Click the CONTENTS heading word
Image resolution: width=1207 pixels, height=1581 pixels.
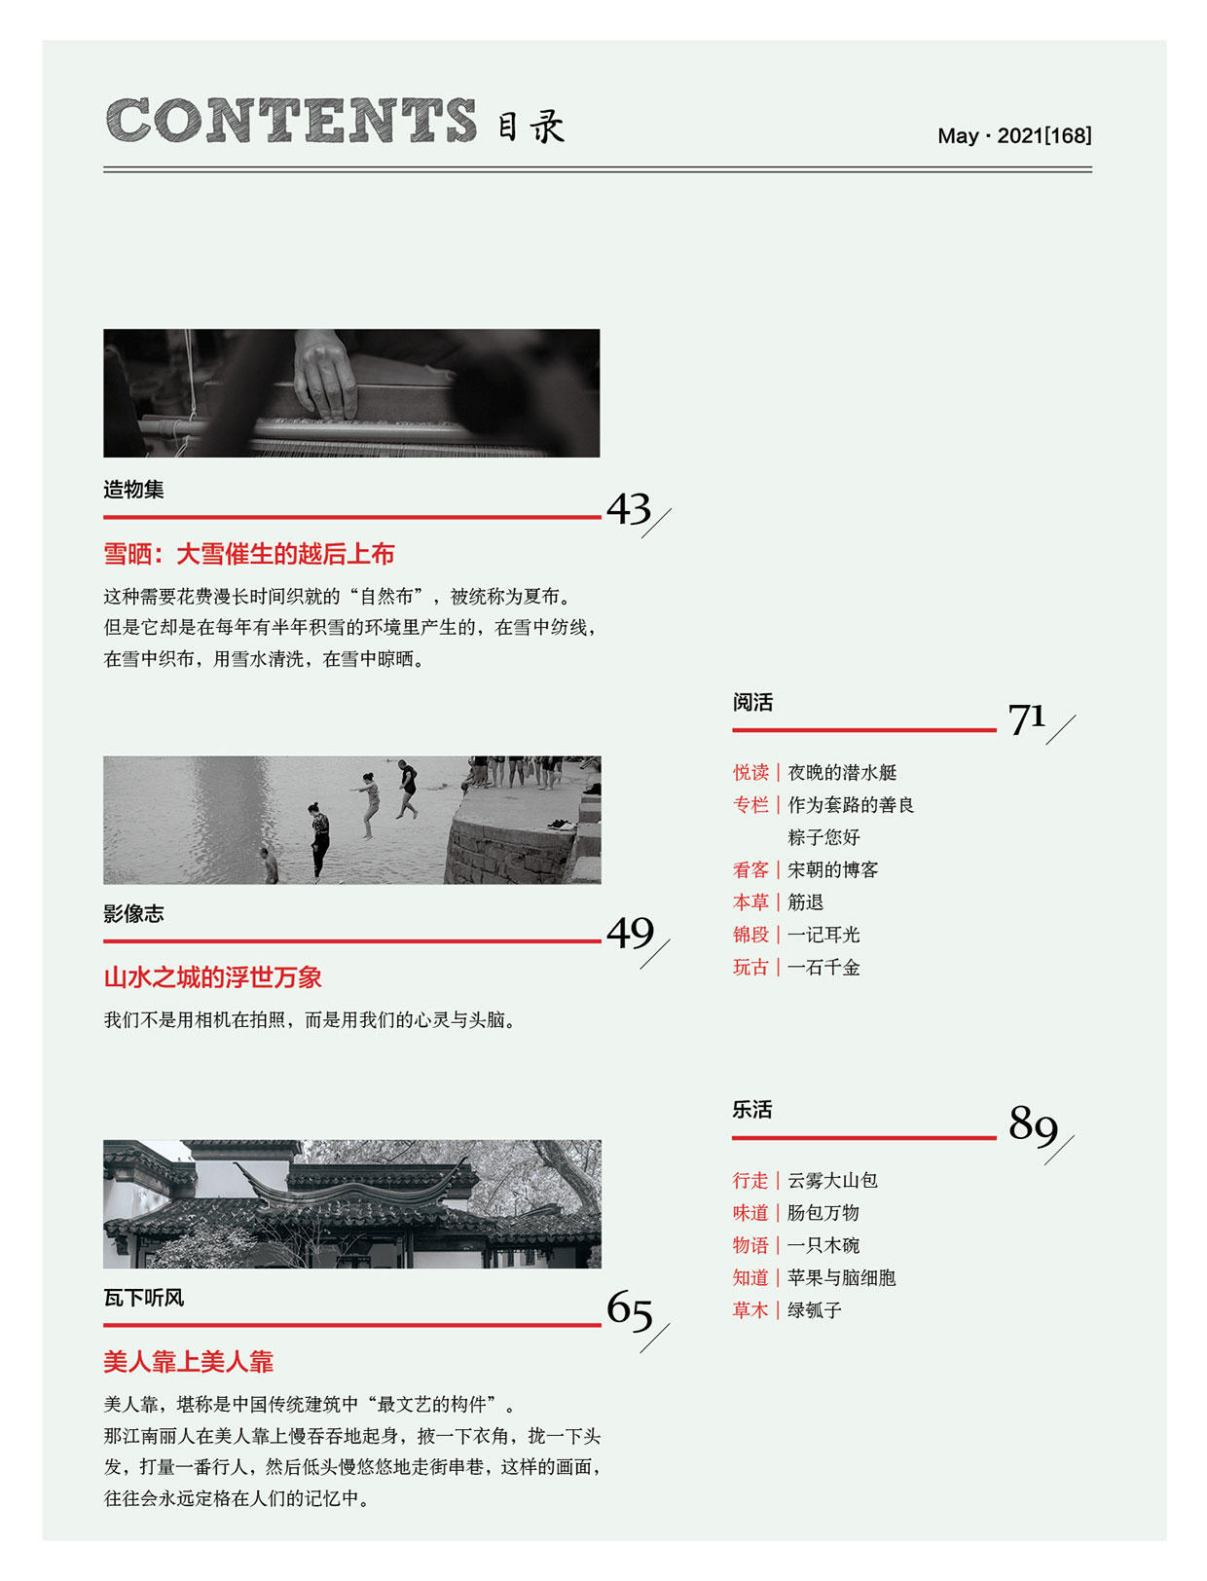pos(291,121)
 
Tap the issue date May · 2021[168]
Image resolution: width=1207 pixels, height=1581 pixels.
pos(1013,135)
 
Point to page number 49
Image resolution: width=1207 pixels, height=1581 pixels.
pos(630,933)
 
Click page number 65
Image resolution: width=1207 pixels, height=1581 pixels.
pos(630,1309)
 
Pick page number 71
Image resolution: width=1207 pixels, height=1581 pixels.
pos(1026,718)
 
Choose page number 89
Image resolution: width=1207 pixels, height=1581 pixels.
pos(1032,1123)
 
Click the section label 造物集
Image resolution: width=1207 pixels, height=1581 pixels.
pos(133,489)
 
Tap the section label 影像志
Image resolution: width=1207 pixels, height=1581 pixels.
pos(133,913)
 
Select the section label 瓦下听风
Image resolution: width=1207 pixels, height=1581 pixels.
pos(143,1297)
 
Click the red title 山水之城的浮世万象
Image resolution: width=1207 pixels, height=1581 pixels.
pos(212,977)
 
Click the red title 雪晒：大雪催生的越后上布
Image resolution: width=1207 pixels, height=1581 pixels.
pos(248,554)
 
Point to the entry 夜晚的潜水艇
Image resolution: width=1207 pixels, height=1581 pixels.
pos(841,772)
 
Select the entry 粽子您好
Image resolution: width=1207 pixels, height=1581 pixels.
pos(823,837)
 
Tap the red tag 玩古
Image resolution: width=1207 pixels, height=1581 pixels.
pos(750,967)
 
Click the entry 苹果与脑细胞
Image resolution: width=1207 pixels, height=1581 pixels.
pos(841,1277)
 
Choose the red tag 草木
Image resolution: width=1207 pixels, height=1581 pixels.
pos(750,1309)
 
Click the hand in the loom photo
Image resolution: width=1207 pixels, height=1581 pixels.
pos(325,375)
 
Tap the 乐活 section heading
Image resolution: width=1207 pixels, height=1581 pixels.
pos(751,1109)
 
